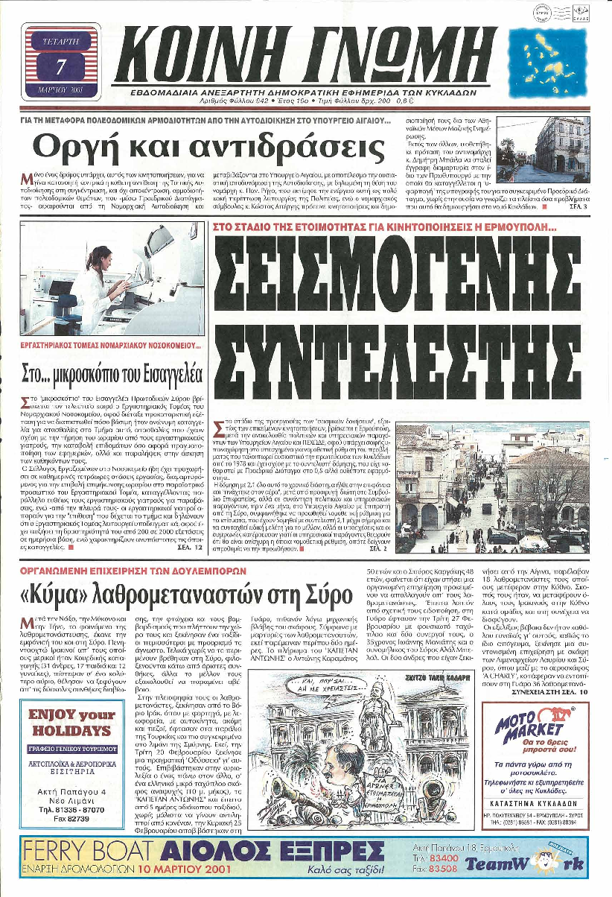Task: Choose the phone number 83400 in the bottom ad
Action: pos(439,858)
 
